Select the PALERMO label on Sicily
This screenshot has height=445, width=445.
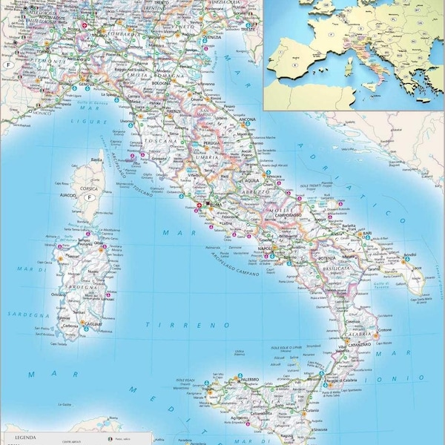(249, 380)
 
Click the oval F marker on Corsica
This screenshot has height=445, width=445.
(90, 198)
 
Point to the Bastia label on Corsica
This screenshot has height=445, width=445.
(96, 160)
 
